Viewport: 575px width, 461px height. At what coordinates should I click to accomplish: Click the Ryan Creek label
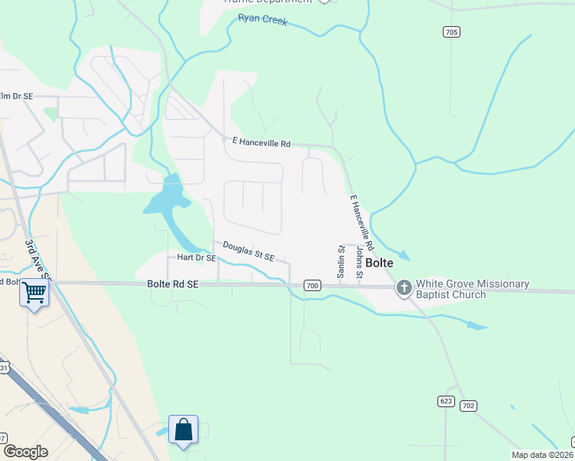(263, 20)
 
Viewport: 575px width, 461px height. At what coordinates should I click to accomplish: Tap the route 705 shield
(451, 32)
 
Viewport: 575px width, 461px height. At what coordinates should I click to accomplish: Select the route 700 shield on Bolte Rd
(311, 285)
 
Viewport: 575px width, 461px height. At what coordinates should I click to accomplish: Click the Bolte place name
(380, 263)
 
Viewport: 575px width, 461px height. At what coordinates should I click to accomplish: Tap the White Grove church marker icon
(404, 289)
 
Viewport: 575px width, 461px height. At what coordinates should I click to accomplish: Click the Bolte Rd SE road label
(173, 284)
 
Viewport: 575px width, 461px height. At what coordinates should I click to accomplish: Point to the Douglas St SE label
(248, 250)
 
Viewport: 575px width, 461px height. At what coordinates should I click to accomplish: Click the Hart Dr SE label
(197, 258)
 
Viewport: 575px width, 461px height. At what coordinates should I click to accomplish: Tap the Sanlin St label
(341, 262)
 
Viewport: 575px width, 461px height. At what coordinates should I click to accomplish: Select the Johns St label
(358, 262)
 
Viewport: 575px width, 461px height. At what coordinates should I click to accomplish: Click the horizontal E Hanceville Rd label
(261, 142)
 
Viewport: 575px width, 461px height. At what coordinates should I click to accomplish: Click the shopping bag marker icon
(184, 429)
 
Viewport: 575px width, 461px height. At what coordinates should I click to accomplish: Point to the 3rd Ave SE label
(36, 259)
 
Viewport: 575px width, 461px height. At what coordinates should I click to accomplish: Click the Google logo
(25, 452)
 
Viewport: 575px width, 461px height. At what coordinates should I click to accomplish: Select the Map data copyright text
(541, 455)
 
